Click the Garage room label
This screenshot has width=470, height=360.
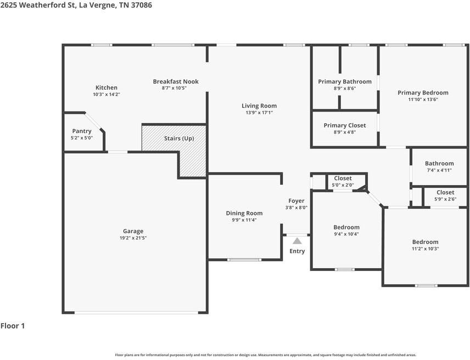coord(133,231)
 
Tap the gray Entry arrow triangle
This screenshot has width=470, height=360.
coord(297,241)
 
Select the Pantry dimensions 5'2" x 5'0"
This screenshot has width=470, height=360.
coord(82,138)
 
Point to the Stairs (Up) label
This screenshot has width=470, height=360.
coord(179,139)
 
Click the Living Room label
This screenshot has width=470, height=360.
coord(259,106)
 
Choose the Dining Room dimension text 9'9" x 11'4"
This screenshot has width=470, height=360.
coord(244,220)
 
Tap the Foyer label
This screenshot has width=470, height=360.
coord(296,201)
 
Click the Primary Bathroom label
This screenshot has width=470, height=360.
coord(345,81)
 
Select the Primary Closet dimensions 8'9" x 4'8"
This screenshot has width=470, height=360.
coord(345,132)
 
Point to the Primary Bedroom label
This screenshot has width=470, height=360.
coord(423,93)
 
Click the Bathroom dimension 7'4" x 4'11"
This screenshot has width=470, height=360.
coord(439,170)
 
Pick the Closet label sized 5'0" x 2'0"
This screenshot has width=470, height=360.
coord(343,179)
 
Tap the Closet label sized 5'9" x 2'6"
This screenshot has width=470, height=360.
coord(445,192)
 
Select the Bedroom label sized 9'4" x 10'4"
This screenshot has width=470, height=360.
coord(346,228)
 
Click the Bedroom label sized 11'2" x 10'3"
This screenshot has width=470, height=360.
coord(426,242)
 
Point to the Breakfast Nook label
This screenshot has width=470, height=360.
coord(176,81)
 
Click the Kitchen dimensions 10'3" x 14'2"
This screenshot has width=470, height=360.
coord(107,94)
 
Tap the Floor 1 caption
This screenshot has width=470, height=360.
coord(13,326)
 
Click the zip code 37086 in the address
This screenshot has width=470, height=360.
coord(141,5)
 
